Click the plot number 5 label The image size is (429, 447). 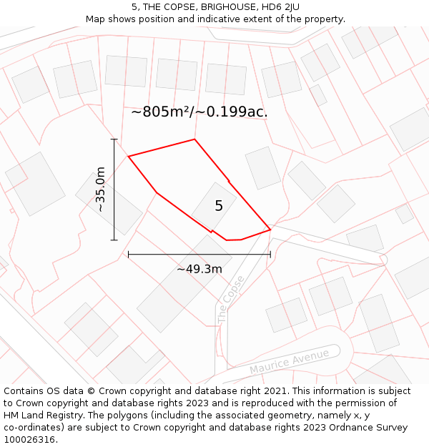[219, 206]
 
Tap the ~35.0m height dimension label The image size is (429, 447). [101, 189]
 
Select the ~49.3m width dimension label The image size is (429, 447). [199, 269]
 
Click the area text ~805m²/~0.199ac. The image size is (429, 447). [199, 112]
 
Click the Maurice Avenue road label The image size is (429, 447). [289, 362]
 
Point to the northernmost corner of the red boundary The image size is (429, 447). [194, 139]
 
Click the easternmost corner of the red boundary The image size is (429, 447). [270, 230]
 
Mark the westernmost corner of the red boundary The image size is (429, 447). [128, 156]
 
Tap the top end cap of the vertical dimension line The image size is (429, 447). [114, 139]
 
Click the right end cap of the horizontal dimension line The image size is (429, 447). [270, 254]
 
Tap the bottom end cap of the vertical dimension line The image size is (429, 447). [114, 240]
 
